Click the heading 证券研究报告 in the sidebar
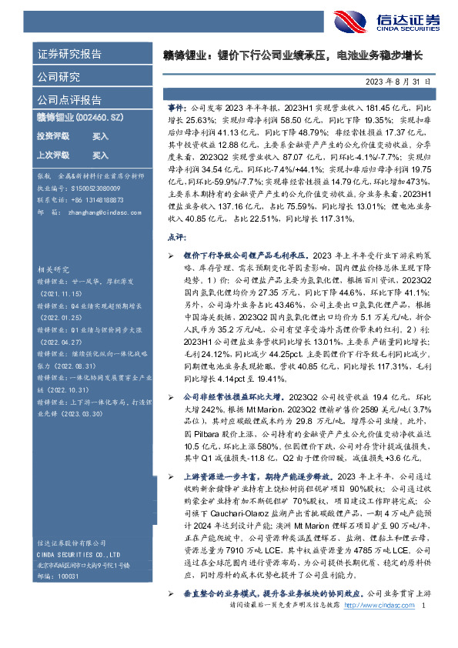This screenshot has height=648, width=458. pyautogui.click(x=69, y=55)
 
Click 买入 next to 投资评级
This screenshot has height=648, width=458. pyautogui.click(x=100, y=136)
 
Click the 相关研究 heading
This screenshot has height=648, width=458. pyautogui.click(x=51, y=271)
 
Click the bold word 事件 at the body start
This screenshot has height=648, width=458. pyautogui.click(x=175, y=110)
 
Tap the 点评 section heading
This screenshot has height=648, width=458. pyautogui.click(x=176, y=239)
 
